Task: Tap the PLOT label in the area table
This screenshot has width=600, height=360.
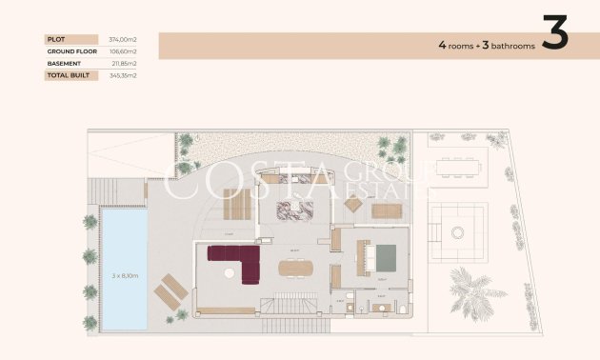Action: [54, 39]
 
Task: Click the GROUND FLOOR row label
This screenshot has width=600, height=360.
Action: [68, 51]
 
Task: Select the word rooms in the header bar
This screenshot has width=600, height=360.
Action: [461, 45]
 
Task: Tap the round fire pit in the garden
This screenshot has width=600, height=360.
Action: [456, 231]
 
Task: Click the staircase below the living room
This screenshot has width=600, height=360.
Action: [276, 305]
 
